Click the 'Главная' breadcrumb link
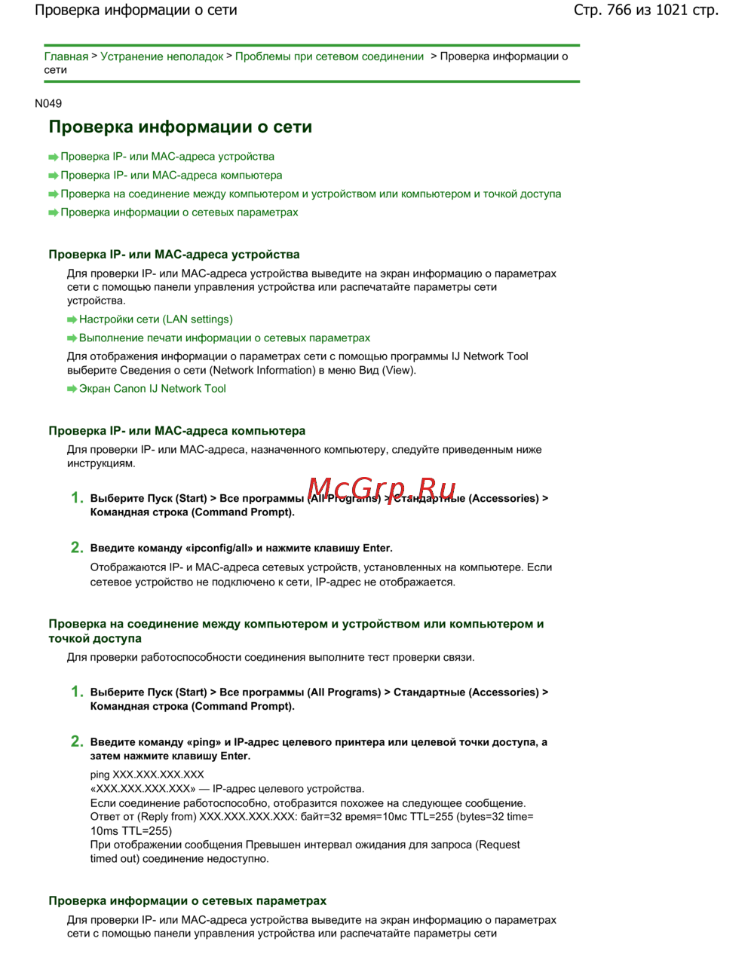66,57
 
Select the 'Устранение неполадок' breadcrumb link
161,57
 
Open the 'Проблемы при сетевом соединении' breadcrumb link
329,57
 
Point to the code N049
48,103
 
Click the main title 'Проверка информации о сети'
180,127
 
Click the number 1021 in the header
671,10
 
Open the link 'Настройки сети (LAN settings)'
156,319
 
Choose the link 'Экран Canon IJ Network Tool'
152,389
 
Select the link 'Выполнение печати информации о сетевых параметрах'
225,338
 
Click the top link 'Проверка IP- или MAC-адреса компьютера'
171,176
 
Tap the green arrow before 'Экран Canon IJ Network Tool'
72,389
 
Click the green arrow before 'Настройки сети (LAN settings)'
72,319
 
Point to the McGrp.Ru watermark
382,489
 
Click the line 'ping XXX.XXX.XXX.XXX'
147,775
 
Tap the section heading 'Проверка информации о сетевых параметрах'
188,901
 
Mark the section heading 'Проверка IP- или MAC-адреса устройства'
174,255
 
